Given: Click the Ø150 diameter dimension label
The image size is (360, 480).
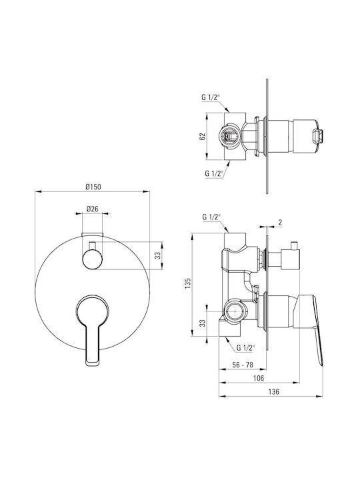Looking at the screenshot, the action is coord(93,187).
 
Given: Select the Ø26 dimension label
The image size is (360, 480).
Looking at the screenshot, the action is coord(92,209).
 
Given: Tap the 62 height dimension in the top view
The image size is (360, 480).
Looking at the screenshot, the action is coord(203,136).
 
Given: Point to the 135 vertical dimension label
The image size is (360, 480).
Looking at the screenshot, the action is coord(188,283).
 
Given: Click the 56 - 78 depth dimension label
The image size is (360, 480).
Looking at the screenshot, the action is coord(243,365).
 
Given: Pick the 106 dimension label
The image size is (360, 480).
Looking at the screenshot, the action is coord(259,378).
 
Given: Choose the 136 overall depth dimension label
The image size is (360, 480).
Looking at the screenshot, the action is coord(274,391).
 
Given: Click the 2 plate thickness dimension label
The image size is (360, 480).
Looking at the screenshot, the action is coord(280,223).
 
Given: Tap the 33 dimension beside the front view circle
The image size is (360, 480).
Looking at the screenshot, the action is coord(157,255).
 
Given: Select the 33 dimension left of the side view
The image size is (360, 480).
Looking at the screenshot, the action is coord(203,323).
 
